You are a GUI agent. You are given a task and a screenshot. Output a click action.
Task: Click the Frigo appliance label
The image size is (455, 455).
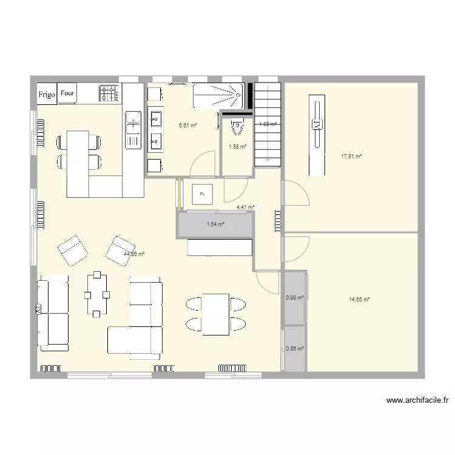(x=47, y=94)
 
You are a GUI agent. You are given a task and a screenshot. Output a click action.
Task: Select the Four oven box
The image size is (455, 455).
(x=68, y=93)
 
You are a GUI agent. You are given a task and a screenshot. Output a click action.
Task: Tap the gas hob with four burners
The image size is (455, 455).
(x=110, y=93)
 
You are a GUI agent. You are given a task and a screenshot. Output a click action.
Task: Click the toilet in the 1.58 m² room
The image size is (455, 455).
(x=237, y=129)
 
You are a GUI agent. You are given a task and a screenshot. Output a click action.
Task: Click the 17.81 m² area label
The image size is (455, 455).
(x=351, y=156)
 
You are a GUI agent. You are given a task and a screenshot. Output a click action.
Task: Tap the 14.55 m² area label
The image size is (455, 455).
(x=359, y=299)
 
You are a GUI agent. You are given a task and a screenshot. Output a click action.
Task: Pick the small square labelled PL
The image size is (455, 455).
(x=202, y=194)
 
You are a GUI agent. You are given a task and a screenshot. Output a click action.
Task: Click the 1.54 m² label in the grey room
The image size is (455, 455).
(x=215, y=224)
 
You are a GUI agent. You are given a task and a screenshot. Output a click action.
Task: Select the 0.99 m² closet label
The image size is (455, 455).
(x=294, y=297)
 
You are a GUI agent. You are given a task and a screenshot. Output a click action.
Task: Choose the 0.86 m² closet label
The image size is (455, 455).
(x=294, y=348)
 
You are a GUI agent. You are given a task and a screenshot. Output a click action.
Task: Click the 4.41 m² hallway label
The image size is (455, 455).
(x=245, y=207)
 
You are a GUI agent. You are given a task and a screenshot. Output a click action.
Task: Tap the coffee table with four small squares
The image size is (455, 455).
(x=97, y=295)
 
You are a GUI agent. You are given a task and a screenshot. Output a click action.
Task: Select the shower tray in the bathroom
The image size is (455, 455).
(x=217, y=96)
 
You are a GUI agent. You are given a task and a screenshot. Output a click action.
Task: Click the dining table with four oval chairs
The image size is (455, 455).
(x=215, y=314)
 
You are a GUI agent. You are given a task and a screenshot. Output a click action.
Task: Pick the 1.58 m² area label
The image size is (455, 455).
(x=237, y=146)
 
